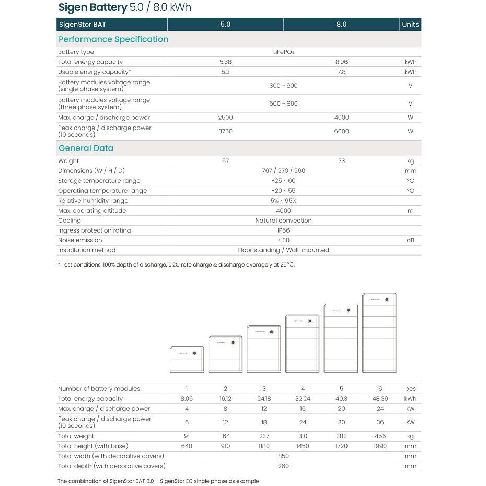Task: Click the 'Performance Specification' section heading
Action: pyautogui.click(x=113, y=39)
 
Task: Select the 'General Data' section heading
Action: pyautogui.click(x=86, y=148)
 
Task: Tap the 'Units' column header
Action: pyautogui.click(x=410, y=25)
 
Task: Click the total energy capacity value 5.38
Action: pyautogui.click(x=225, y=62)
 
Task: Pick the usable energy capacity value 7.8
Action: pyautogui.click(x=341, y=72)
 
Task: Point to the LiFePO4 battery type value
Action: pyautogui.click(x=283, y=52)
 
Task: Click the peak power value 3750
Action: pyautogui.click(x=225, y=131)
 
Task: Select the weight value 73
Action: pyautogui.click(x=341, y=161)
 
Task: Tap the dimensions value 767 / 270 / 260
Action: pyautogui.click(x=283, y=171)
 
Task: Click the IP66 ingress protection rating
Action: pyautogui.click(x=283, y=230)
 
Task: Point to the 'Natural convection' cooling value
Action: pyautogui.click(x=283, y=221)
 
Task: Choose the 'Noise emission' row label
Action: pyautogui.click(x=80, y=240)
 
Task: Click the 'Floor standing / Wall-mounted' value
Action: pyautogui.click(x=283, y=250)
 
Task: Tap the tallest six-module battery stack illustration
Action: pyautogui.click(x=379, y=333)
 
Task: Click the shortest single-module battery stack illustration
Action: pyautogui.click(x=187, y=360)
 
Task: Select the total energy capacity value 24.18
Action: pyautogui.click(x=264, y=399)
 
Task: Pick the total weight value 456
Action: pyautogui.click(x=380, y=436)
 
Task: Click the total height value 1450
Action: pyautogui.click(x=303, y=446)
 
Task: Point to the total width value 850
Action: pyautogui.click(x=283, y=456)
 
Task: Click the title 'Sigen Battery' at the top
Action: pyautogui.click(x=92, y=7)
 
